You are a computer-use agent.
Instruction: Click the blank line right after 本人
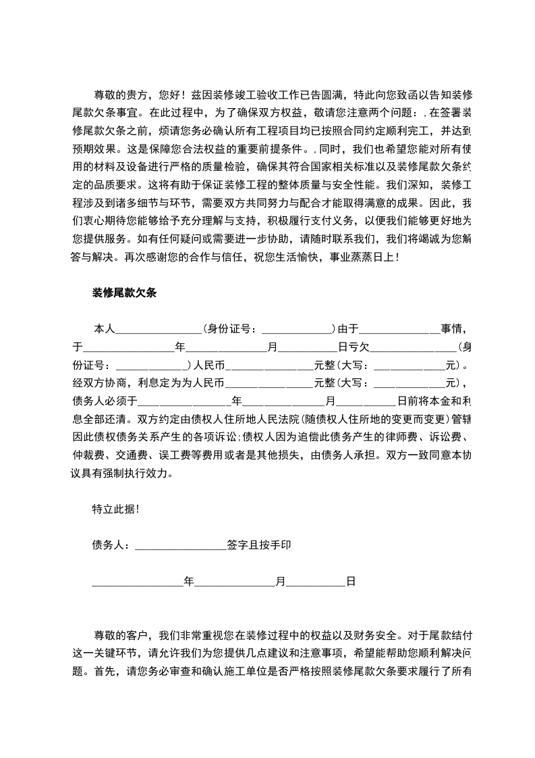click(x=159, y=329)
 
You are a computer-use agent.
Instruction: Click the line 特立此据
click(x=116, y=509)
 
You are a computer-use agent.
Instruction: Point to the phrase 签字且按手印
click(x=259, y=545)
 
